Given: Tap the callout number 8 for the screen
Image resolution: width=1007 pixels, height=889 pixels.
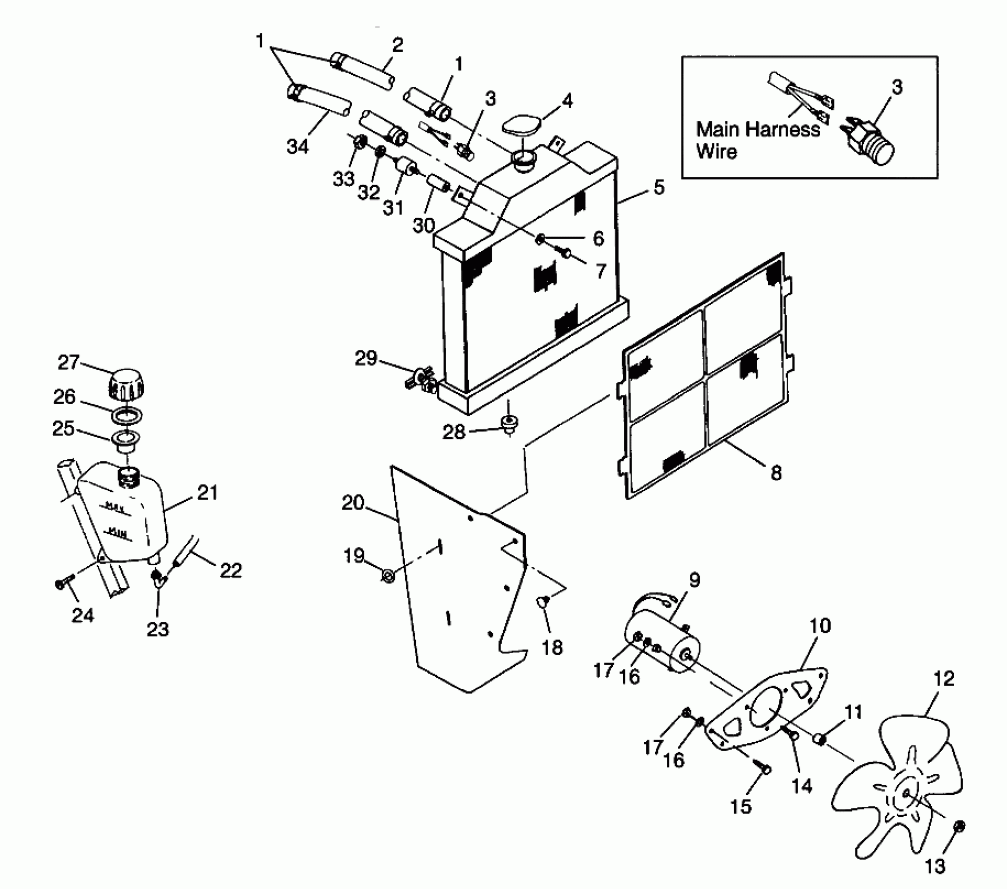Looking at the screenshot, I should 776,473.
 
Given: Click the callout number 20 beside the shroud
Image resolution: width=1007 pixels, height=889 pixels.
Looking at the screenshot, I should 353,503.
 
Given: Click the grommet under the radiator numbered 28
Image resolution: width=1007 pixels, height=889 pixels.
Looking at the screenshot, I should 507,421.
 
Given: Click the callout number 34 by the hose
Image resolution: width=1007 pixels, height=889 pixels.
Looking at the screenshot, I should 297,147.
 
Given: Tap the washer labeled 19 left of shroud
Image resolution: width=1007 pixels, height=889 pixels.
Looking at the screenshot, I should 388,576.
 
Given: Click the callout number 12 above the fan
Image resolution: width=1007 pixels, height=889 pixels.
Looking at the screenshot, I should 943,679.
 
